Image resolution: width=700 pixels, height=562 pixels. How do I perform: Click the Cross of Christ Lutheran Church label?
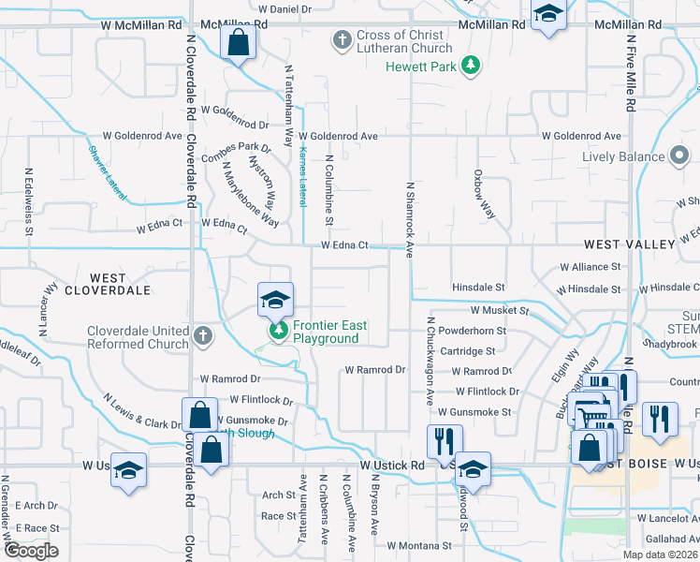click(403, 41)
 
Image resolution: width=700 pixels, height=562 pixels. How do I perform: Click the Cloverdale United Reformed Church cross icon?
click(204, 334)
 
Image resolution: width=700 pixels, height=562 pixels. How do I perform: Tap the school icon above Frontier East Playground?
click(275, 300)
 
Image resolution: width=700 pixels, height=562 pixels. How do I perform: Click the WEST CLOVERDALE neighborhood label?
click(109, 284)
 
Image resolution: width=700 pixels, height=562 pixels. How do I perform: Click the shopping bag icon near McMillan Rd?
click(239, 42)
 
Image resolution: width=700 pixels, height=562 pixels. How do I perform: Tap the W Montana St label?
click(419, 544)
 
